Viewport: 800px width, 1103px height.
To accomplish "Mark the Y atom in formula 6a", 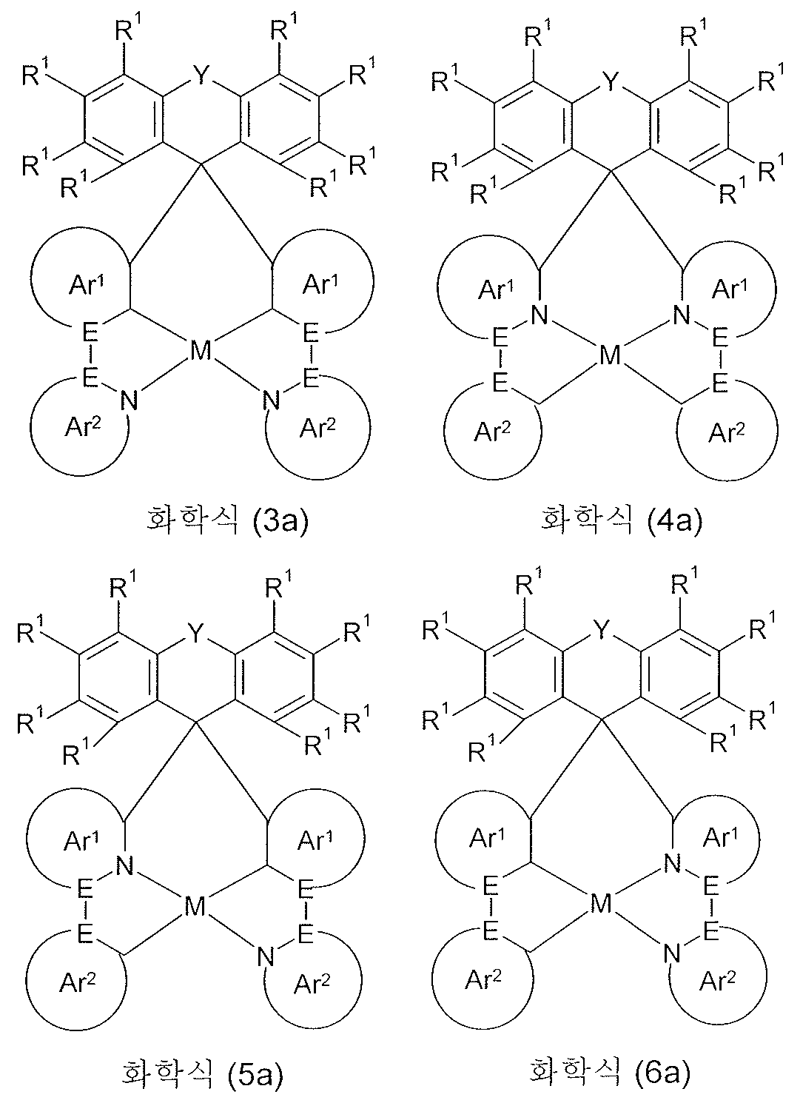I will point(602,631).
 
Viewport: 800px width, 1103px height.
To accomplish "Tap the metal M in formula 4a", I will point(609,357).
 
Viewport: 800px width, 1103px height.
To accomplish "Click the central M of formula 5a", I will point(195,907).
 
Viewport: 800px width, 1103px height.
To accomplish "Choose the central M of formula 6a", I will point(601,903).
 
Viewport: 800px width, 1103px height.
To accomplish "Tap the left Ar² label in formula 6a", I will point(483,981).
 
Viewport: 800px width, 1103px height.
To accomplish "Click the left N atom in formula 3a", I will point(130,401).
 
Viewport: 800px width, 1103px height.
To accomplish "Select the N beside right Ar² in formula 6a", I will point(671,953).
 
